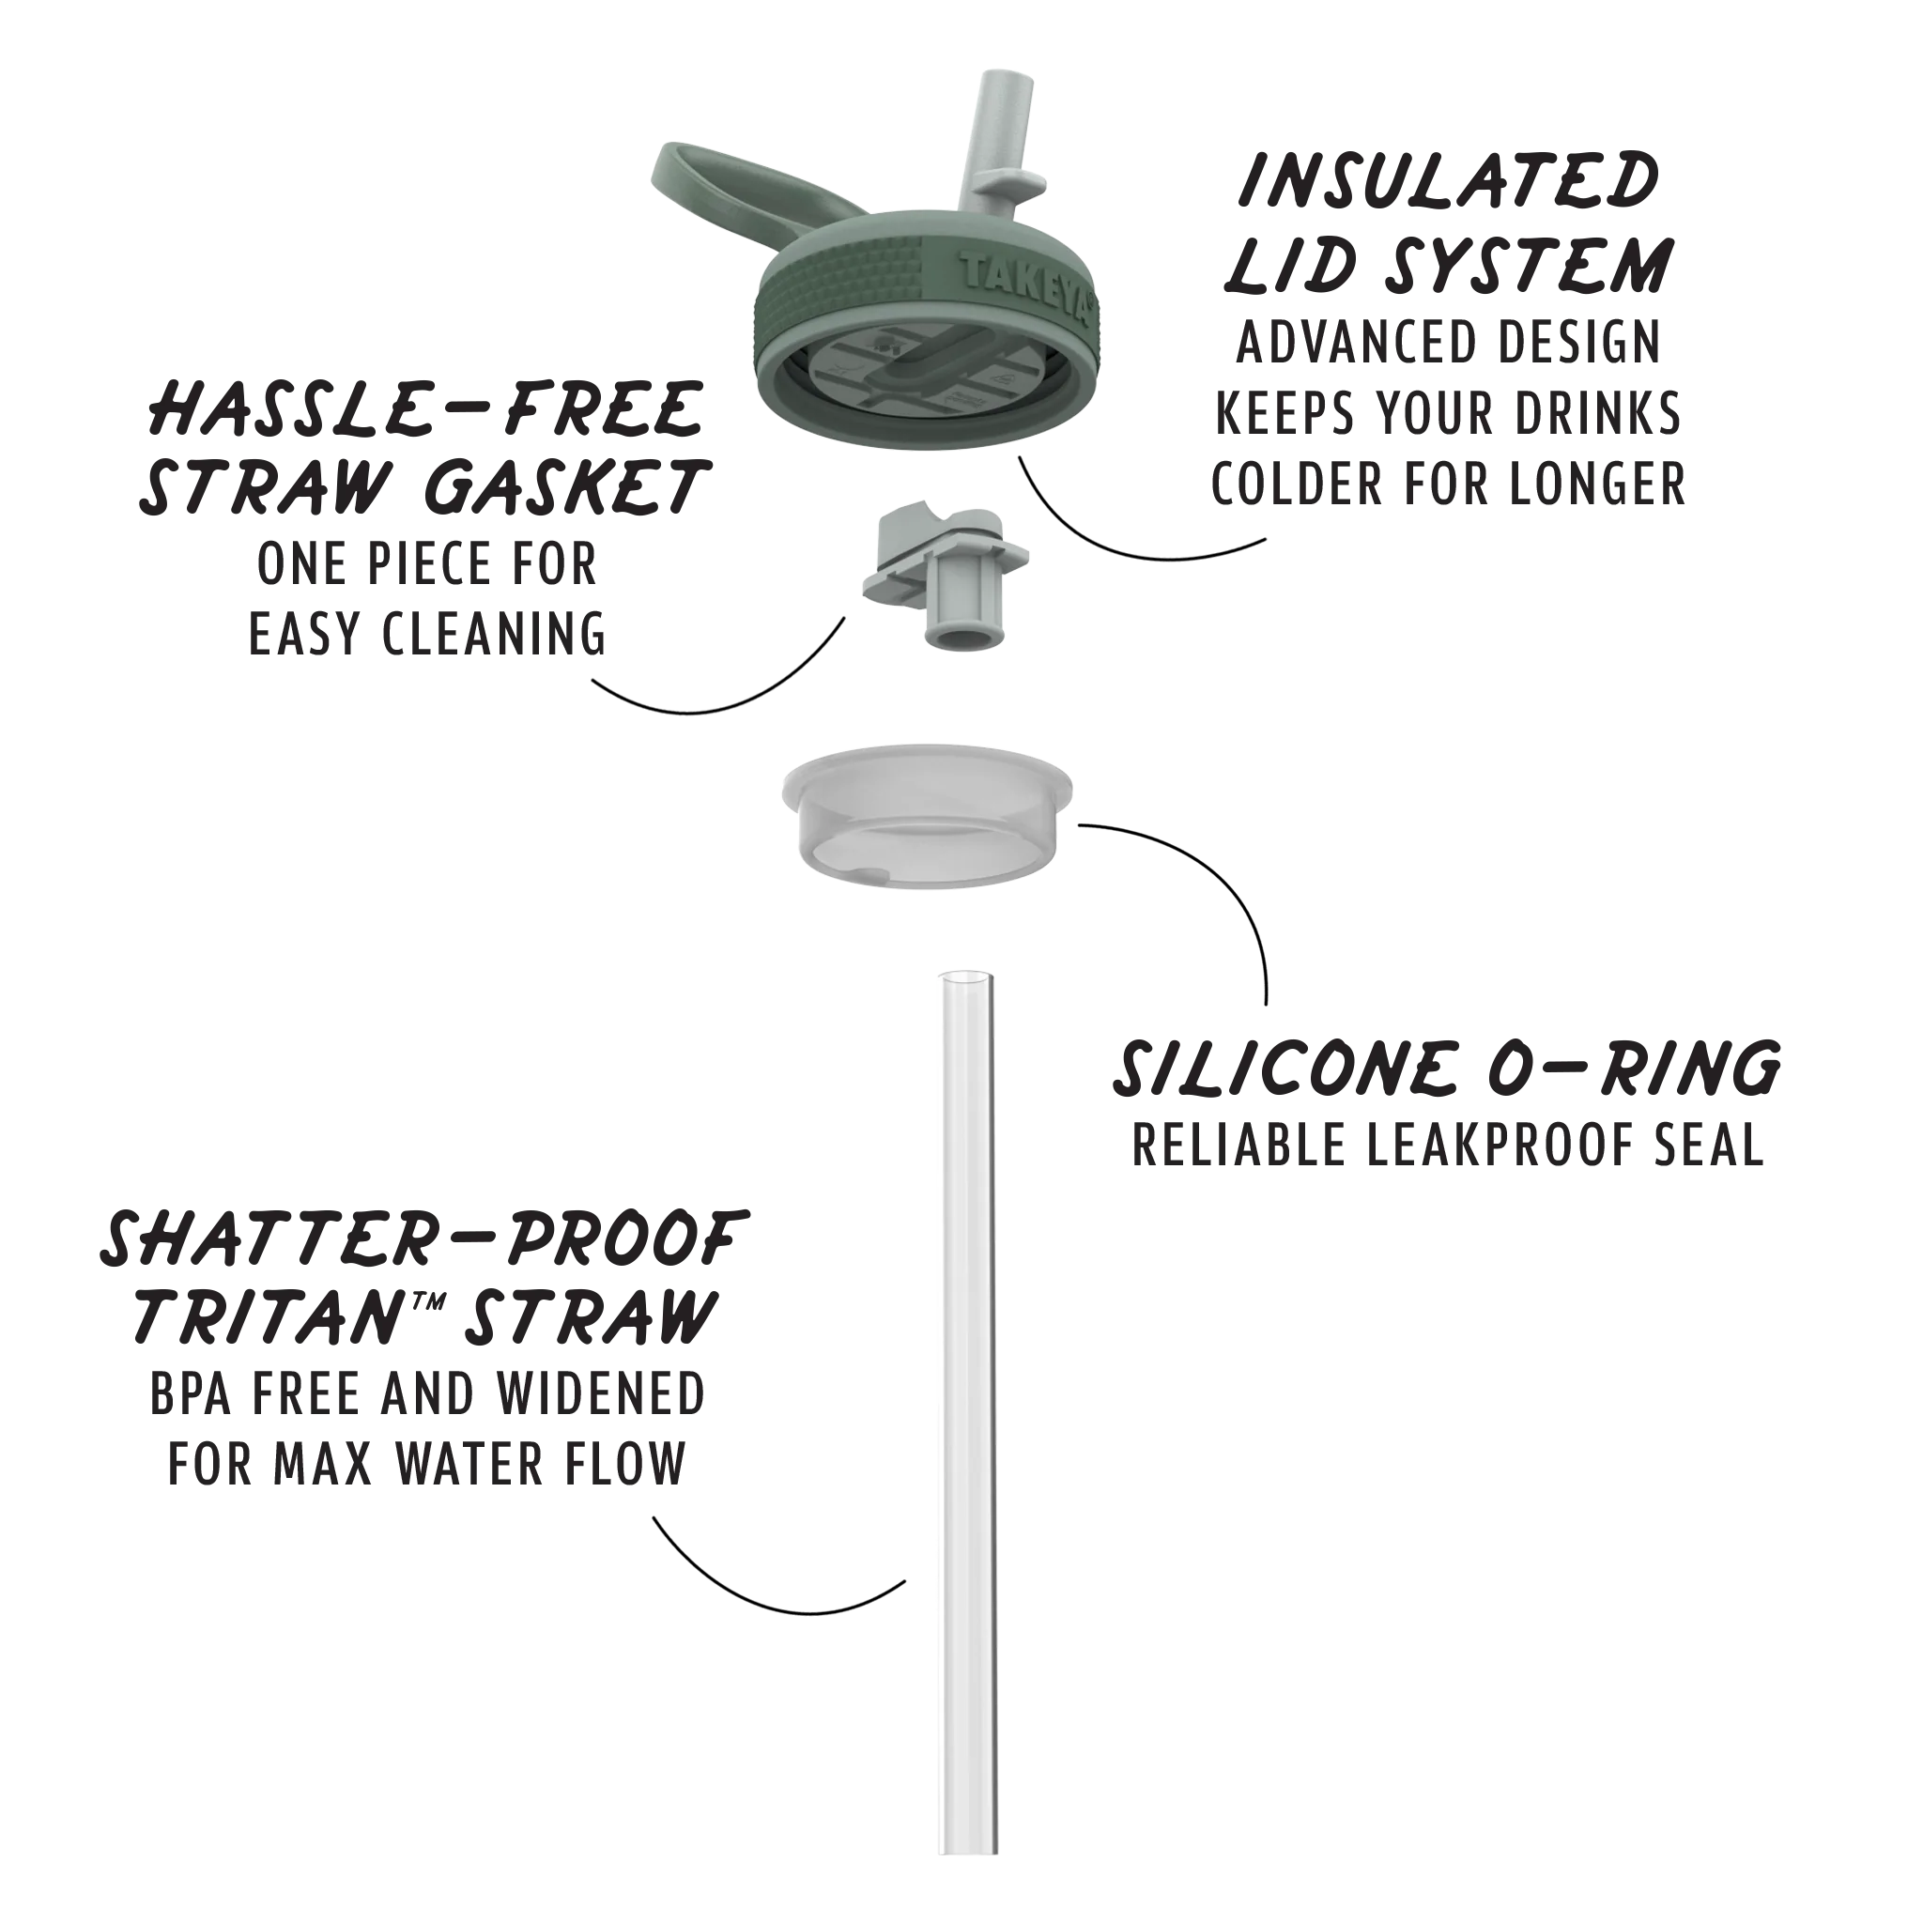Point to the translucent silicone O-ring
point(928,816)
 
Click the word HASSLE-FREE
point(426,410)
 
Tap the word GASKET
point(565,487)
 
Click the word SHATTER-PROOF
point(424,1240)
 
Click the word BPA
point(193,1393)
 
